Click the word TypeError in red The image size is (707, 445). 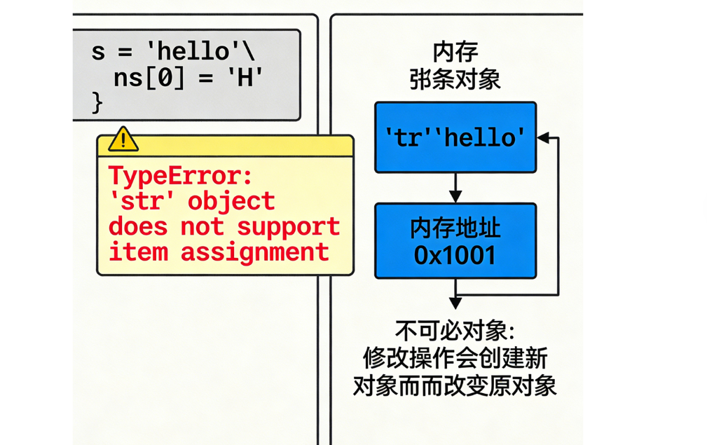(x=179, y=176)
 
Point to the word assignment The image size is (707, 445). (x=254, y=252)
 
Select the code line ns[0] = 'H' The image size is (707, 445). (x=188, y=78)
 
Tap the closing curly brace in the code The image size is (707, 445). (x=97, y=102)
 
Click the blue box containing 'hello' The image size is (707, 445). (x=455, y=137)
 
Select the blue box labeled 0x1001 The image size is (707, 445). (x=455, y=241)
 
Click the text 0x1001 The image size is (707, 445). (x=455, y=256)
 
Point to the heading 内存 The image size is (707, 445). (x=455, y=53)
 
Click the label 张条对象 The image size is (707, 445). (x=455, y=78)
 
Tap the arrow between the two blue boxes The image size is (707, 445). (x=455, y=188)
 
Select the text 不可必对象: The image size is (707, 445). (x=455, y=330)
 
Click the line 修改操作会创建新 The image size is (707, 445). (x=455, y=358)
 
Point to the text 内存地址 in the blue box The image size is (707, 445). (x=455, y=228)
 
